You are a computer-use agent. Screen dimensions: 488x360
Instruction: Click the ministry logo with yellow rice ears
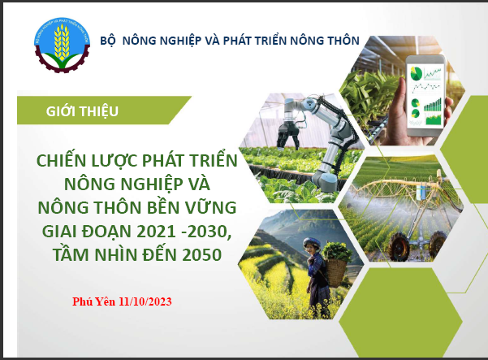(x=62, y=46)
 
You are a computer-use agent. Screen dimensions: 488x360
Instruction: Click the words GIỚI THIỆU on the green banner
(x=82, y=111)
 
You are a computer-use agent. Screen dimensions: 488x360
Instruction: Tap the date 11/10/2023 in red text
(x=145, y=301)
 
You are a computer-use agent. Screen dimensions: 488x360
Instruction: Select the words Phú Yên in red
(x=93, y=301)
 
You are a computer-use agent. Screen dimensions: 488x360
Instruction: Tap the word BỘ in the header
(x=108, y=41)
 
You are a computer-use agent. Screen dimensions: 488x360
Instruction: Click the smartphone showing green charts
(x=425, y=97)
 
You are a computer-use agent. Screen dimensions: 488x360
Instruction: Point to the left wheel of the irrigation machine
(x=399, y=246)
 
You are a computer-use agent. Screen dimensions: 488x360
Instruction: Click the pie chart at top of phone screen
(x=416, y=73)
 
